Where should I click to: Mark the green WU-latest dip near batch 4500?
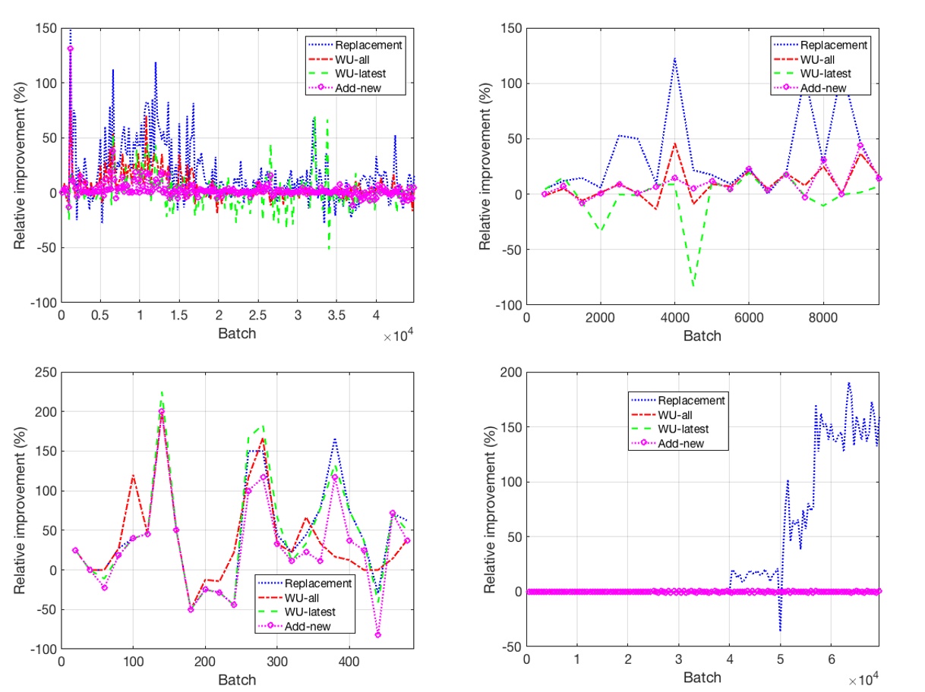coord(693,286)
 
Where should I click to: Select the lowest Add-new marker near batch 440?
coord(377,635)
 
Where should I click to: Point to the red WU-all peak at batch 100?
coord(133,476)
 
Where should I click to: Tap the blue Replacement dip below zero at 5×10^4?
coord(780,631)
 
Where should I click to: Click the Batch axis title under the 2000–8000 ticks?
coord(702,335)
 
